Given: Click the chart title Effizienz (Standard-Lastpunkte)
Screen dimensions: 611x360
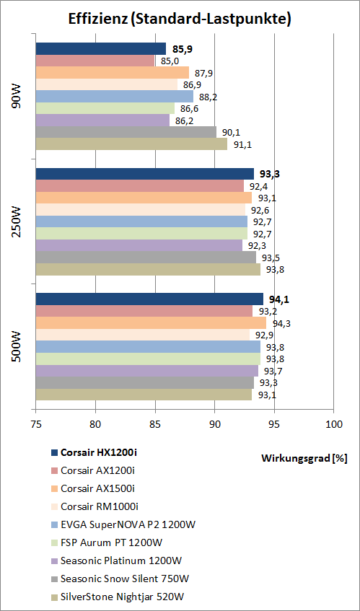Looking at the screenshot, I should click(180, 19).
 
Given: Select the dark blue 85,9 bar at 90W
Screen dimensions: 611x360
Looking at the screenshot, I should click(101, 49).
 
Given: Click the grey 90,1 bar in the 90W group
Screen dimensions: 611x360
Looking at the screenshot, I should click(126, 132).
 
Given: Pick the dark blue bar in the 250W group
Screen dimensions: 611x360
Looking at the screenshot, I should click(144, 174).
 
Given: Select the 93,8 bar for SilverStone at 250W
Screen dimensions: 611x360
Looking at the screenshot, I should click(148, 269).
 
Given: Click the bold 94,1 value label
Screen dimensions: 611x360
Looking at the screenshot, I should click(276, 299).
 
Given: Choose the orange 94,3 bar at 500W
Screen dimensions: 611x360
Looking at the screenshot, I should click(151, 322).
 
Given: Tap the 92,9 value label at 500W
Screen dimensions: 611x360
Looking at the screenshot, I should click(261, 335).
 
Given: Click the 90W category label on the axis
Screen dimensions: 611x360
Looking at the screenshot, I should click(17, 97).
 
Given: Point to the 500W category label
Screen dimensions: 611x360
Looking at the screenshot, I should click(17, 347).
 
